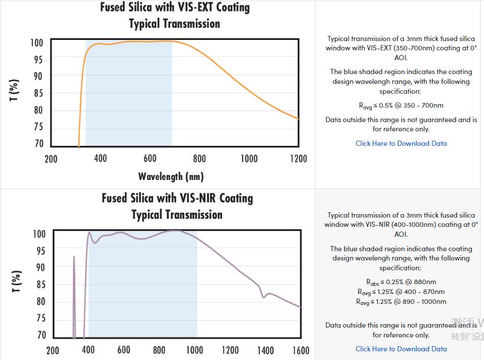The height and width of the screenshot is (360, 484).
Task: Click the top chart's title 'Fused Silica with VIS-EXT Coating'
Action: [x=175, y=8]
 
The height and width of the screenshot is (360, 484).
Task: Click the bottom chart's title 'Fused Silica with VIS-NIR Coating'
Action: [x=177, y=198]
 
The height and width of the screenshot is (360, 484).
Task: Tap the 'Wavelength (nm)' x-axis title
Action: [x=171, y=176]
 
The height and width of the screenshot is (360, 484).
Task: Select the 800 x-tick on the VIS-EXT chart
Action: [x=199, y=159]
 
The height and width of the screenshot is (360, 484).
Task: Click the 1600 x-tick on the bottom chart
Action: [x=300, y=350]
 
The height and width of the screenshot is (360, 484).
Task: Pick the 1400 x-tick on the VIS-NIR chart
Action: [x=265, y=350]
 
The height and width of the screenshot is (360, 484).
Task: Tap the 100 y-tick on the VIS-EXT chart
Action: [x=36, y=43]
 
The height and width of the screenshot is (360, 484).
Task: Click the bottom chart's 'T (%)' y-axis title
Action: [x=17, y=281]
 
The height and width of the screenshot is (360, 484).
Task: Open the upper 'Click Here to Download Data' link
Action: [x=401, y=144]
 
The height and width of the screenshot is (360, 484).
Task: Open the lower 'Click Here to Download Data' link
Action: [x=401, y=349]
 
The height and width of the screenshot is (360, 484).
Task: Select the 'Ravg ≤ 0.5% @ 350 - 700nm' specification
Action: [x=401, y=106]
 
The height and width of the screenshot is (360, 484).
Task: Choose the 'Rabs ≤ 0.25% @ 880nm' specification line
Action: [x=401, y=282]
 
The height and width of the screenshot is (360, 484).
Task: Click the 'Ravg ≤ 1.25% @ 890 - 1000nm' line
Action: [x=401, y=302]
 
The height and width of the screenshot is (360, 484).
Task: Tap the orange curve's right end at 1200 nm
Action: [x=298, y=119]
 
